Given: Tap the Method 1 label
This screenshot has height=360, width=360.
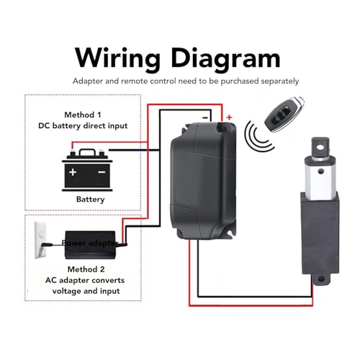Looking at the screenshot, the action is coord(83,115).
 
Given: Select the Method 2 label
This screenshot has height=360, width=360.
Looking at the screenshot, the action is coord(86,269).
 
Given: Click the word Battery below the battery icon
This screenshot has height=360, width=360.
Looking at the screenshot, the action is coord(90,199).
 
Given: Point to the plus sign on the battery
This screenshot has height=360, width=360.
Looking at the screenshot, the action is coord(73,172).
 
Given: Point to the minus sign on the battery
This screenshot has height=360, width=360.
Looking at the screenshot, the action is coord(102,172).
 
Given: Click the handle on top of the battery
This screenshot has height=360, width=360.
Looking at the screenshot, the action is coord(87,150).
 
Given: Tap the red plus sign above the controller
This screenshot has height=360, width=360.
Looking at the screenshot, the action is coord(230,117).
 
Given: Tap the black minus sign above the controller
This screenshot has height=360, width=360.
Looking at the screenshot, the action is coord(205,117).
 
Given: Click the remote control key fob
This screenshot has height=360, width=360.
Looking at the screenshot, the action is coord(284,114).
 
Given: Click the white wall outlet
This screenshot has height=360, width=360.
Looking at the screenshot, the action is coord(40,240).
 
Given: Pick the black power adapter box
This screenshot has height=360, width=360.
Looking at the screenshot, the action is coord(90,245).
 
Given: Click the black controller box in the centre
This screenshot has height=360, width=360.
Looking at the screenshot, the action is coord(204,181).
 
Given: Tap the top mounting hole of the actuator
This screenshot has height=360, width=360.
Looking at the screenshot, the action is coord(320,147).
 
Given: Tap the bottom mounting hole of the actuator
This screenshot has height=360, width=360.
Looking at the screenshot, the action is coord(321,279).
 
